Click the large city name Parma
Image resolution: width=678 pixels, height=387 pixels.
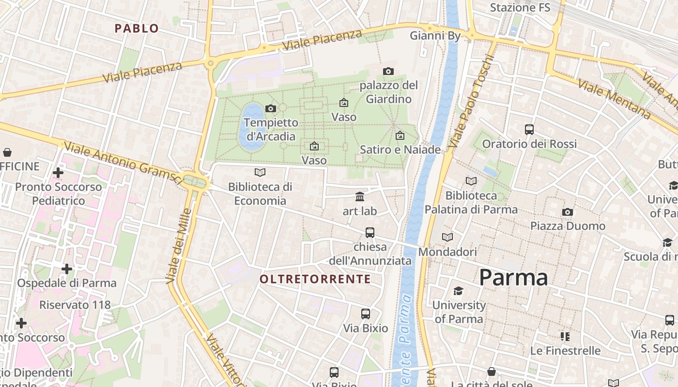[513, 278]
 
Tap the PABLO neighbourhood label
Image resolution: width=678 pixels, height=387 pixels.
[137, 29]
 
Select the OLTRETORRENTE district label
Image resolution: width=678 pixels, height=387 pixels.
[315, 279]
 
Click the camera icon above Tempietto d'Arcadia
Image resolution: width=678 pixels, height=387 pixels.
[271, 108]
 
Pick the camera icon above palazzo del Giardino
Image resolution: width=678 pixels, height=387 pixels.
[388, 72]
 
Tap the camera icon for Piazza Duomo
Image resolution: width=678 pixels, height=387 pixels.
[568, 212]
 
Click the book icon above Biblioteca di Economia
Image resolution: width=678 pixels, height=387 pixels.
[260, 172]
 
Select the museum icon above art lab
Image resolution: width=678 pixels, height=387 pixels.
[360, 196]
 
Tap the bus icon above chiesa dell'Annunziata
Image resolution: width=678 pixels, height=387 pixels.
[370, 233]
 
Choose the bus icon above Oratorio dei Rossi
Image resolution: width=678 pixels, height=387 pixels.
[529, 130]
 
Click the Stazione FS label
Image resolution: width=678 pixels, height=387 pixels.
[520, 8]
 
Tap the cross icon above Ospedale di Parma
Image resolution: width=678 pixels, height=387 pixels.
[67, 268]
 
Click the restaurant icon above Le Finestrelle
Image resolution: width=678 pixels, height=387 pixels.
[565, 336]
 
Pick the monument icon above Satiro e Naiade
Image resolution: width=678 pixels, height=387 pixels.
[400, 135]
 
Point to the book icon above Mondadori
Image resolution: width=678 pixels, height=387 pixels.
[447, 238]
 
